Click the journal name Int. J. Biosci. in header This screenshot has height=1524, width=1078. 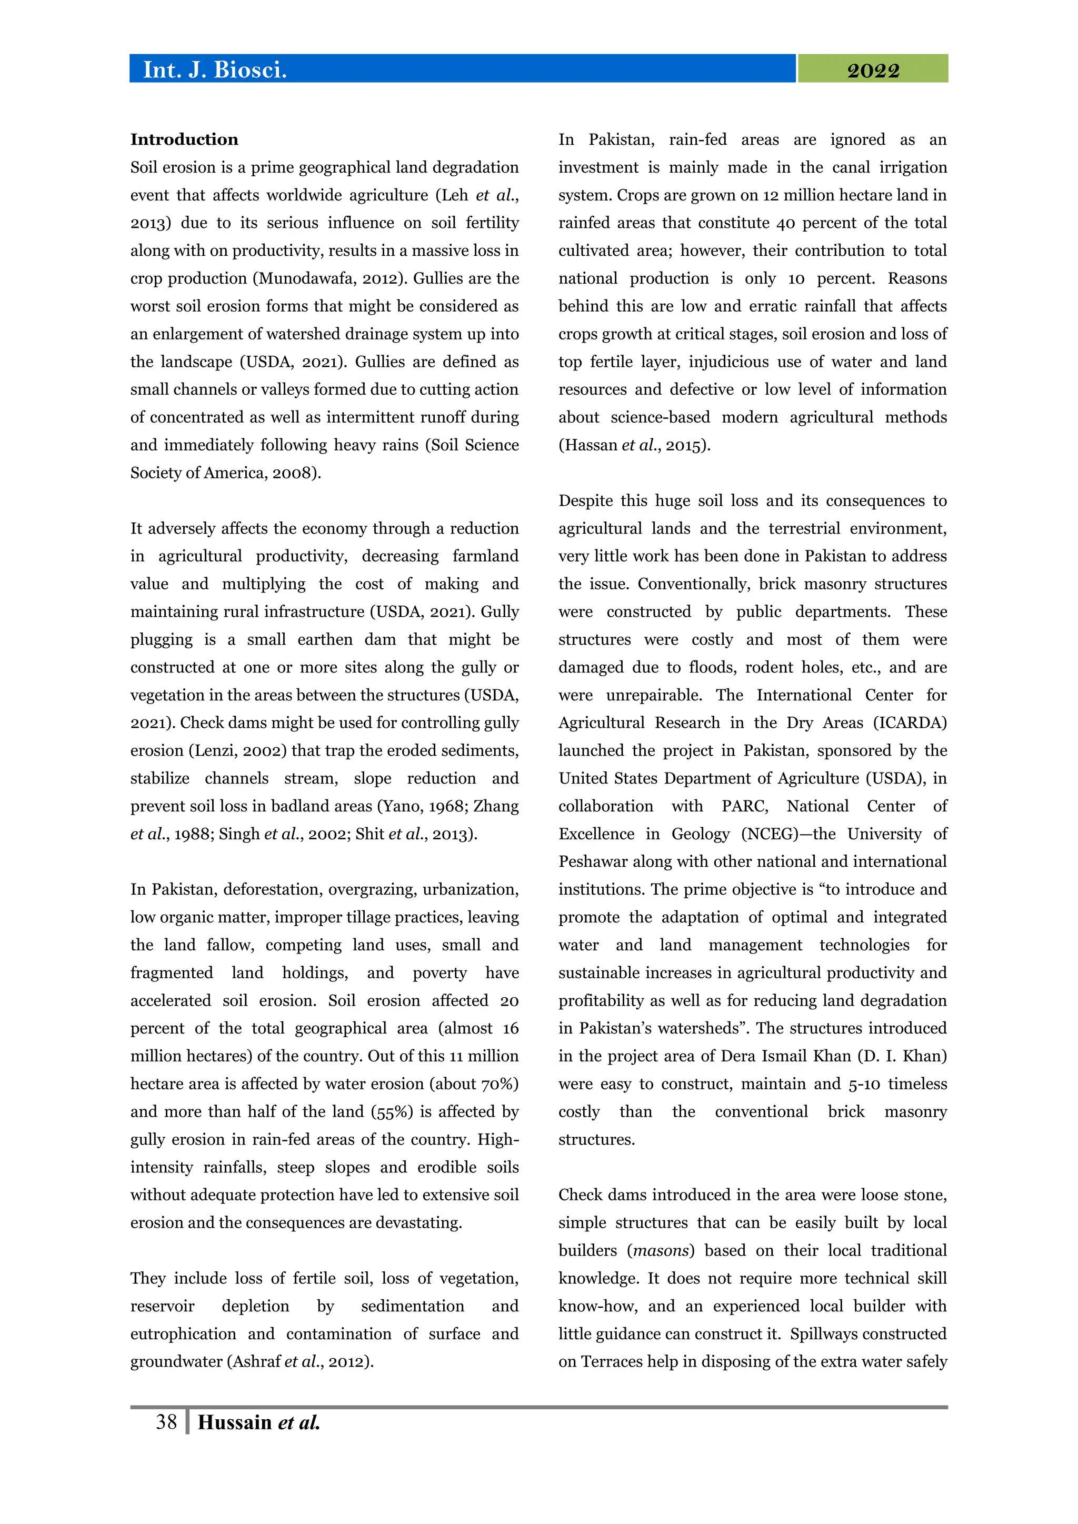coord(214,69)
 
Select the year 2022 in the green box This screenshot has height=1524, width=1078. coord(872,71)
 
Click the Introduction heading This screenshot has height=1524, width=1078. coord(184,139)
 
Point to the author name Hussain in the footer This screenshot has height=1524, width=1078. coord(234,1422)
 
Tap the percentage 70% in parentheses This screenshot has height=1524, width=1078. coord(498,1084)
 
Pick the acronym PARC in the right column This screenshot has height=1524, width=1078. coord(743,807)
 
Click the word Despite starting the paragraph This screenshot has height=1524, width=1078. coord(584,501)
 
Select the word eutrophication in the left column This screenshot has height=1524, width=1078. coord(183,1334)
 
